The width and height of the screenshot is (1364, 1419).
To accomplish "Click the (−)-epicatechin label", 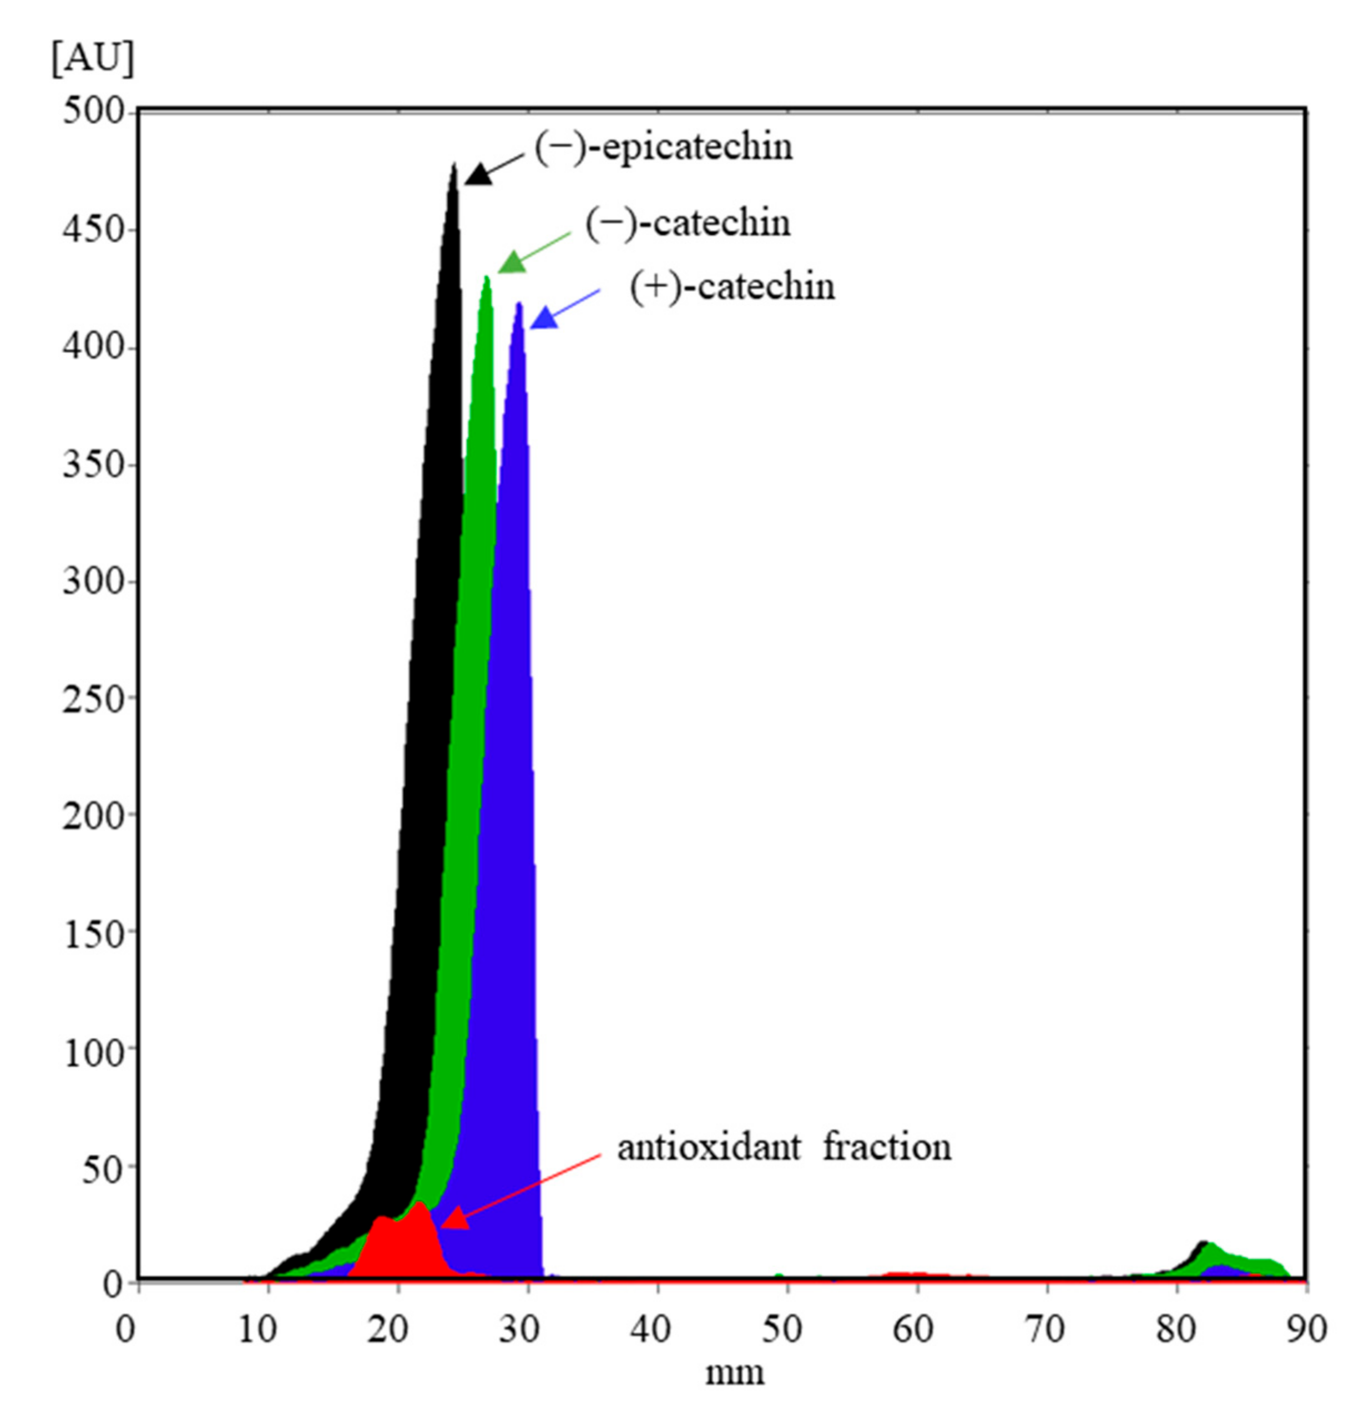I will [663, 148].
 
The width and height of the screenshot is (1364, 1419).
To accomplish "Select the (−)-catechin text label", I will [687, 223].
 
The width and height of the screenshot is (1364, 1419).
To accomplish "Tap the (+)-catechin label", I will [731, 287].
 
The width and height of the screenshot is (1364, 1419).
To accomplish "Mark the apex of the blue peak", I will [519, 304].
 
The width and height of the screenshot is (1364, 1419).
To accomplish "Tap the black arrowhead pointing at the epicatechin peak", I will [478, 174].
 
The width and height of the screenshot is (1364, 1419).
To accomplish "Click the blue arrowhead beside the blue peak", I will [544, 319].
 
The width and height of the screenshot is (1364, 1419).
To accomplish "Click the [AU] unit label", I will [93, 58].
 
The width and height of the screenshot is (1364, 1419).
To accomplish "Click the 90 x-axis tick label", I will [1305, 1329].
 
